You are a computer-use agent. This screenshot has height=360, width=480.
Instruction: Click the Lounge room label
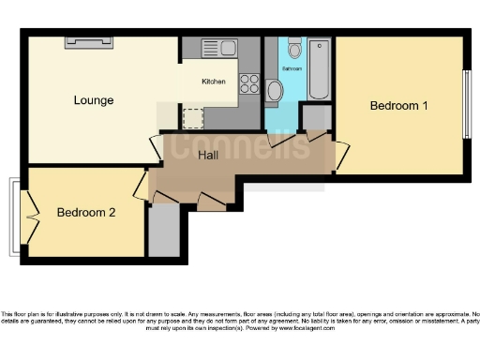(x=94, y=100)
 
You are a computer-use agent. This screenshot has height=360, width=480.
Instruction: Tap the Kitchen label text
(x=214, y=82)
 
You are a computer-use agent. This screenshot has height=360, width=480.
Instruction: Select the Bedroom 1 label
(x=398, y=105)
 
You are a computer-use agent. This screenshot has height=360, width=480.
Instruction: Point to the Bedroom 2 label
(x=86, y=213)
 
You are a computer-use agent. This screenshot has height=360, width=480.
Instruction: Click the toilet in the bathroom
(x=294, y=49)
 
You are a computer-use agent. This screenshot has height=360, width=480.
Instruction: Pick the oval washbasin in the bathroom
(x=275, y=91)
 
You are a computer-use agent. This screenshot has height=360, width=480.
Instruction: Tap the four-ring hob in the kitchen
(x=249, y=83)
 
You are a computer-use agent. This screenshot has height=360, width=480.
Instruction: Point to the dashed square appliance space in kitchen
(x=193, y=117)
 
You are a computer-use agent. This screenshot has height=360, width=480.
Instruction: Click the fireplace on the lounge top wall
(x=90, y=41)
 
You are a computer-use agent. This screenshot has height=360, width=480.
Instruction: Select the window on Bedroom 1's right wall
(x=467, y=103)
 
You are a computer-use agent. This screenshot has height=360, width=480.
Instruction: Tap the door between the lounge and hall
(x=156, y=148)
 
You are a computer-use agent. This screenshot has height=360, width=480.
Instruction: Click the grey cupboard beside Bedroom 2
(x=163, y=230)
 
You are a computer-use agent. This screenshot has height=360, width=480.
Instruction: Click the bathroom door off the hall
(x=279, y=141)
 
